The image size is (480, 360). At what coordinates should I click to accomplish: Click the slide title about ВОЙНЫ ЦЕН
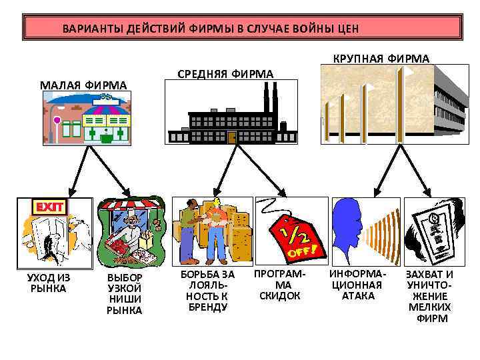pyautogui.click(x=210, y=29)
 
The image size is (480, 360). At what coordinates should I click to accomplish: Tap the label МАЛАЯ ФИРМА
pyautogui.click(x=83, y=85)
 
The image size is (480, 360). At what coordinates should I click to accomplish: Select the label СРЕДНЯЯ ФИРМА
pyautogui.click(x=225, y=74)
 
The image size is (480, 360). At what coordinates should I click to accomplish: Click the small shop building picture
pyautogui.click(x=87, y=118)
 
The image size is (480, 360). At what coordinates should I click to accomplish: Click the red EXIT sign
pyautogui.click(x=49, y=207)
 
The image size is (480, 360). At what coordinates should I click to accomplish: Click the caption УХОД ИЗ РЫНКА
pyautogui.click(x=48, y=283)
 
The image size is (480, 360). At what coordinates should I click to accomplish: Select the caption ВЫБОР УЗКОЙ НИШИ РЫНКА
pyautogui.click(x=125, y=293)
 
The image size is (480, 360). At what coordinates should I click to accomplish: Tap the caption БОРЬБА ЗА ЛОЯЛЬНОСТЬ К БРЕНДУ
pyautogui.click(x=208, y=290)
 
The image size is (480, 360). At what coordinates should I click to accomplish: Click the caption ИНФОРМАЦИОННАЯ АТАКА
pyautogui.click(x=358, y=285)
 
